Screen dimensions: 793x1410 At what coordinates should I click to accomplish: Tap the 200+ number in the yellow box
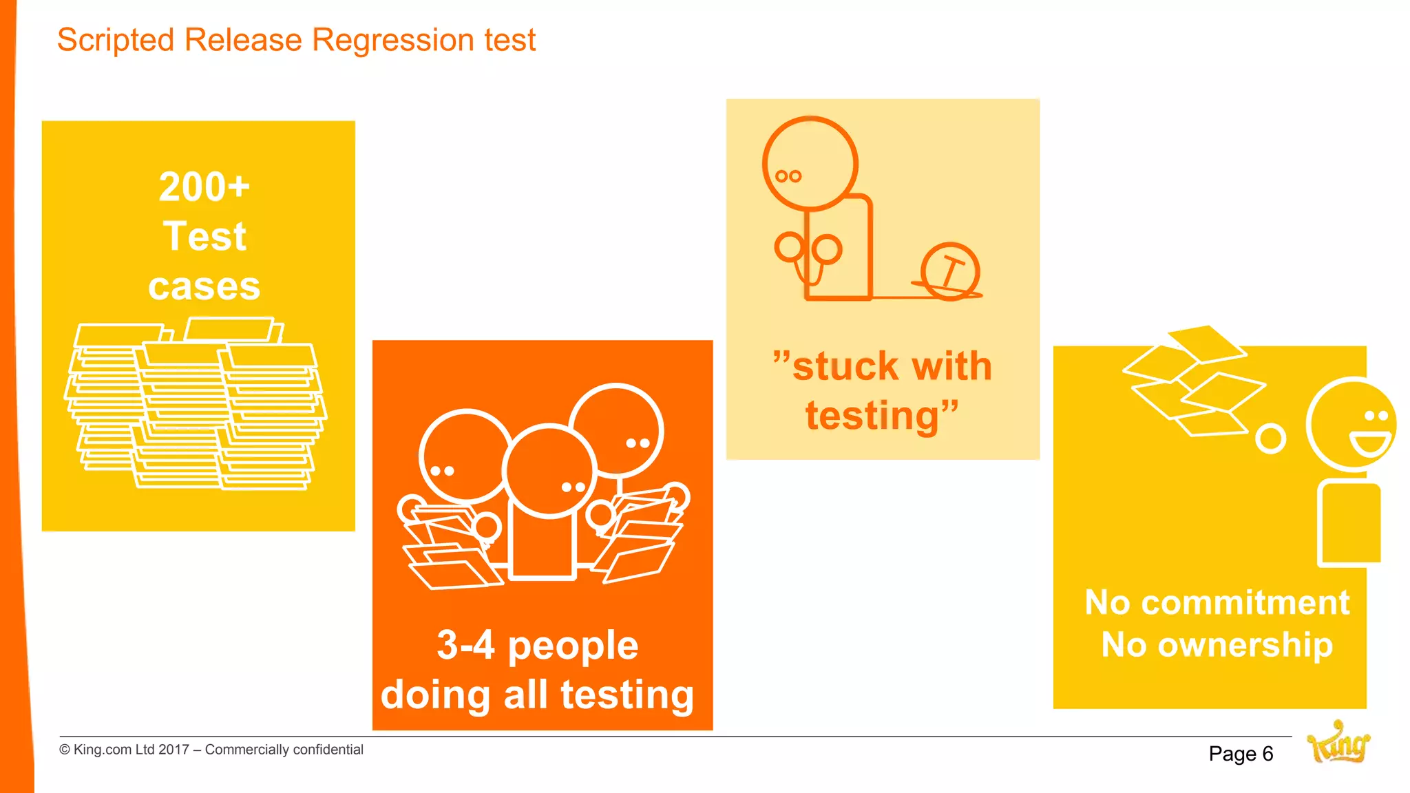(x=204, y=187)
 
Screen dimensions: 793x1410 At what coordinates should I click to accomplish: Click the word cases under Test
(x=204, y=286)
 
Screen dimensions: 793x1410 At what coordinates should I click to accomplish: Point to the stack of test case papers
(x=196, y=406)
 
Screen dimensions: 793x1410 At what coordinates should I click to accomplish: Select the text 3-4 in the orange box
(x=465, y=646)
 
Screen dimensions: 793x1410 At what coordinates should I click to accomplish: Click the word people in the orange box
(x=573, y=647)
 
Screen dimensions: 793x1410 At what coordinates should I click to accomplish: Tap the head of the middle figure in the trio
(x=549, y=470)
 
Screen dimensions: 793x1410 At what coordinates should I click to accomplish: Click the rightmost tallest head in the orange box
(x=616, y=430)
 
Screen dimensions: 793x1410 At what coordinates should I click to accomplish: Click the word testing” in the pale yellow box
(x=881, y=416)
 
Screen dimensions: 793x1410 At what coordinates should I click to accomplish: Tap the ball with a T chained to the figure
(x=950, y=271)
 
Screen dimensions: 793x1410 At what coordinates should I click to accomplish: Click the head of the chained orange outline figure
(x=810, y=164)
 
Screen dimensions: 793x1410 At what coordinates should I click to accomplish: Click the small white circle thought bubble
(x=1270, y=438)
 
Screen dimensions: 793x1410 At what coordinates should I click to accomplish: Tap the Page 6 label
(x=1241, y=754)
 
